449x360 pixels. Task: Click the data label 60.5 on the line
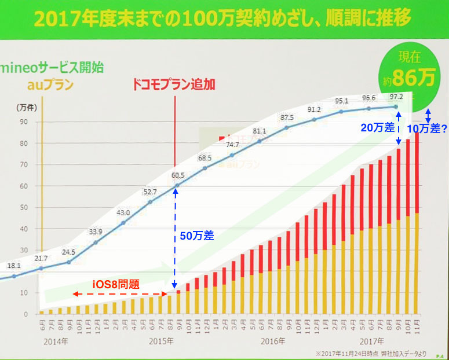[178, 175]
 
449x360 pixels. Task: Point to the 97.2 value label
[397, 96]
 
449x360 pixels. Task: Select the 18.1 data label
[14, 266]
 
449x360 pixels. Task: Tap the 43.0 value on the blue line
[123, 212]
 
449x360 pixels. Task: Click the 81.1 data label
[260, 131]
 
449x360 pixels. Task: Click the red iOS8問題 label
[116, 285]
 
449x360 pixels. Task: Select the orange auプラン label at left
[50, 86]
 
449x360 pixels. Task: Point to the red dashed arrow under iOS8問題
[120, 295]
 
